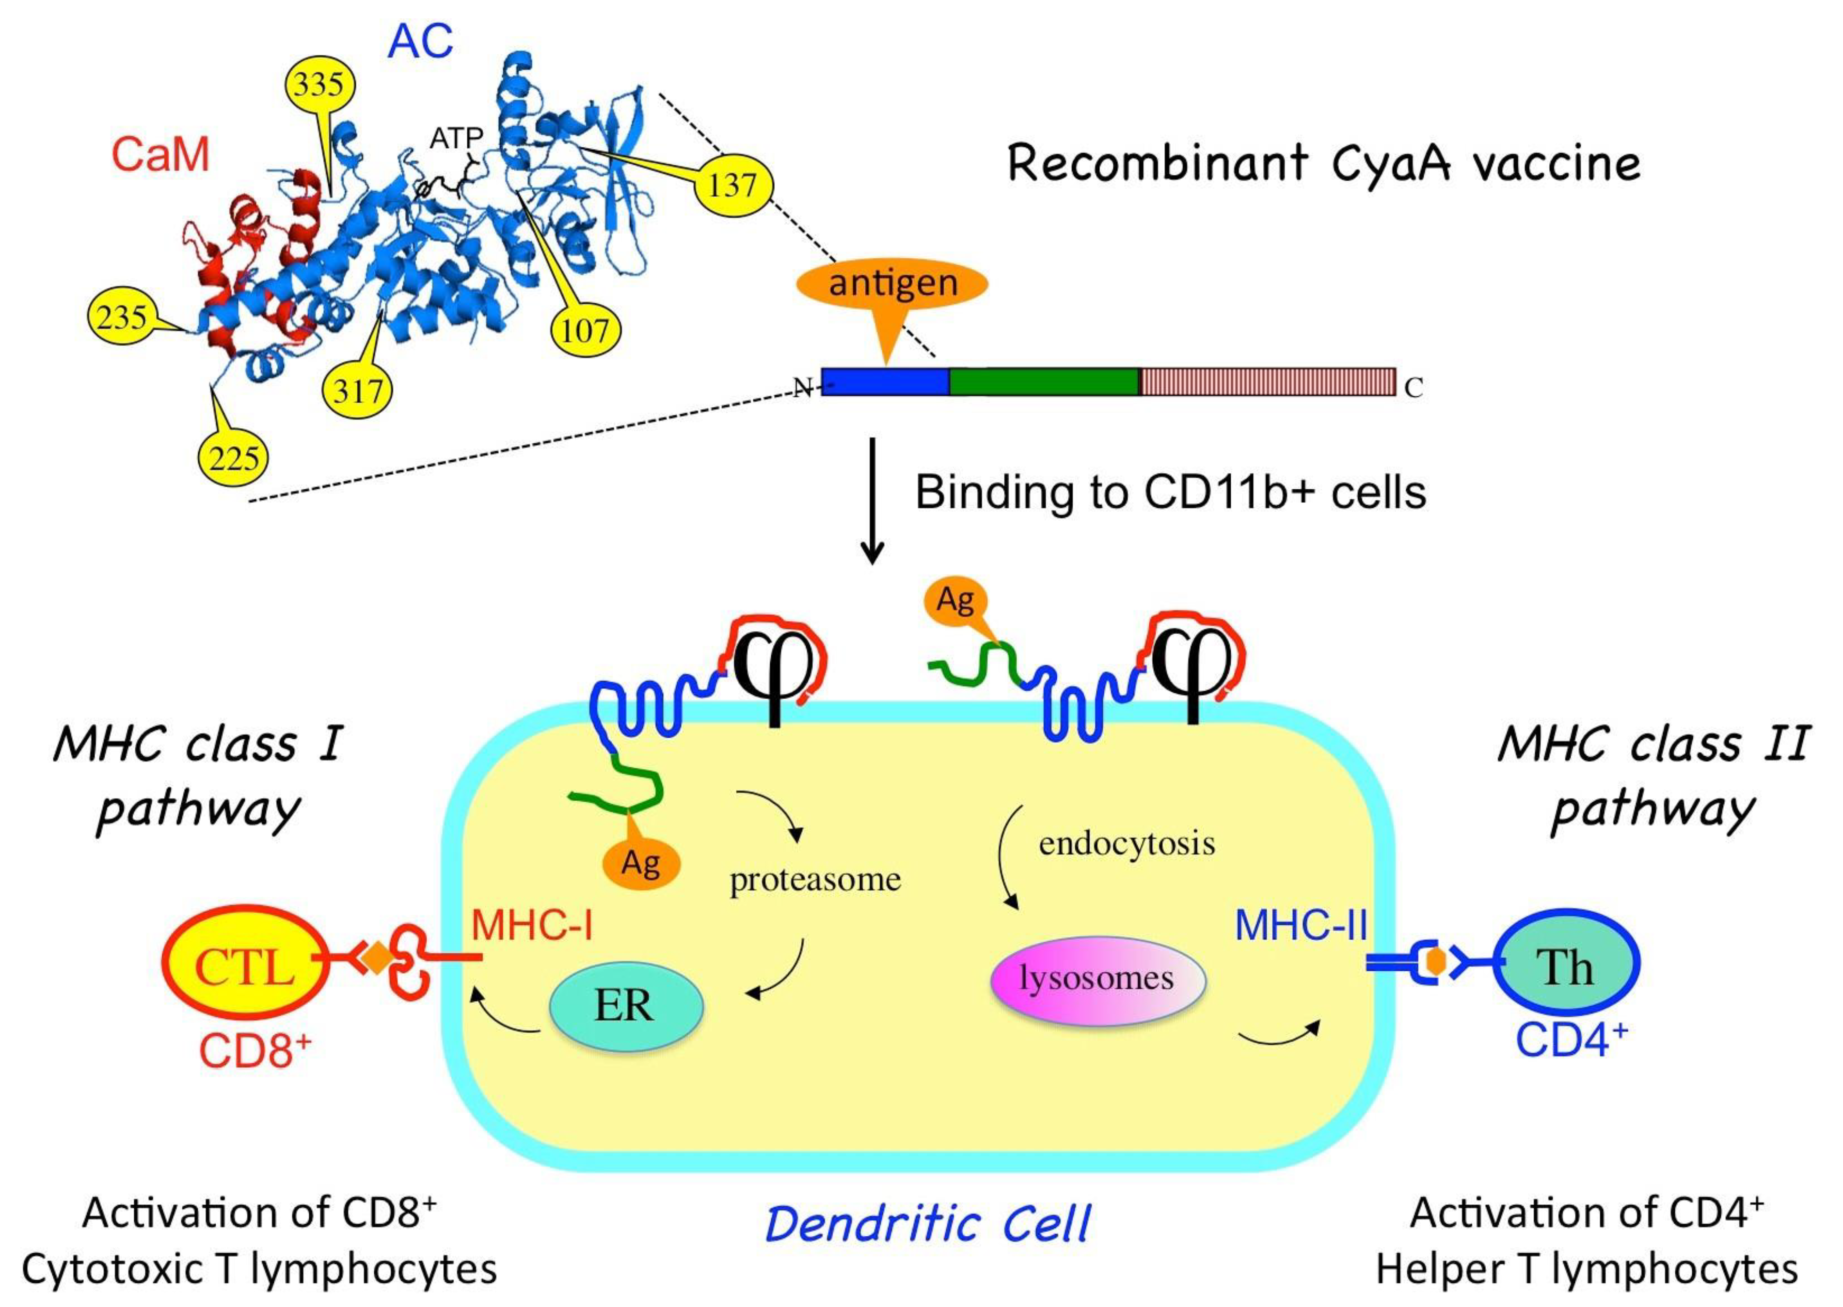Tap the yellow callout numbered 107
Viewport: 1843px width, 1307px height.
586,330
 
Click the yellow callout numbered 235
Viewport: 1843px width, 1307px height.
122,317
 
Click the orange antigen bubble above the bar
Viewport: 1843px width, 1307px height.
892,283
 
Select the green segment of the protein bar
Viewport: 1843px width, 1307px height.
1044,381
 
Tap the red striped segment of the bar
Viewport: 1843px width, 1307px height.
1267,381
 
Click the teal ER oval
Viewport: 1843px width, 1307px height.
626,1006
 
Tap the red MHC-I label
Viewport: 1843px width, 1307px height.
531,926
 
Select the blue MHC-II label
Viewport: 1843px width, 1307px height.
1300,926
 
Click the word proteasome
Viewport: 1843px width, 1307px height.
815,880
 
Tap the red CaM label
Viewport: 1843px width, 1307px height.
160,155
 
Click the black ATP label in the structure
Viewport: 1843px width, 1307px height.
456,139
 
